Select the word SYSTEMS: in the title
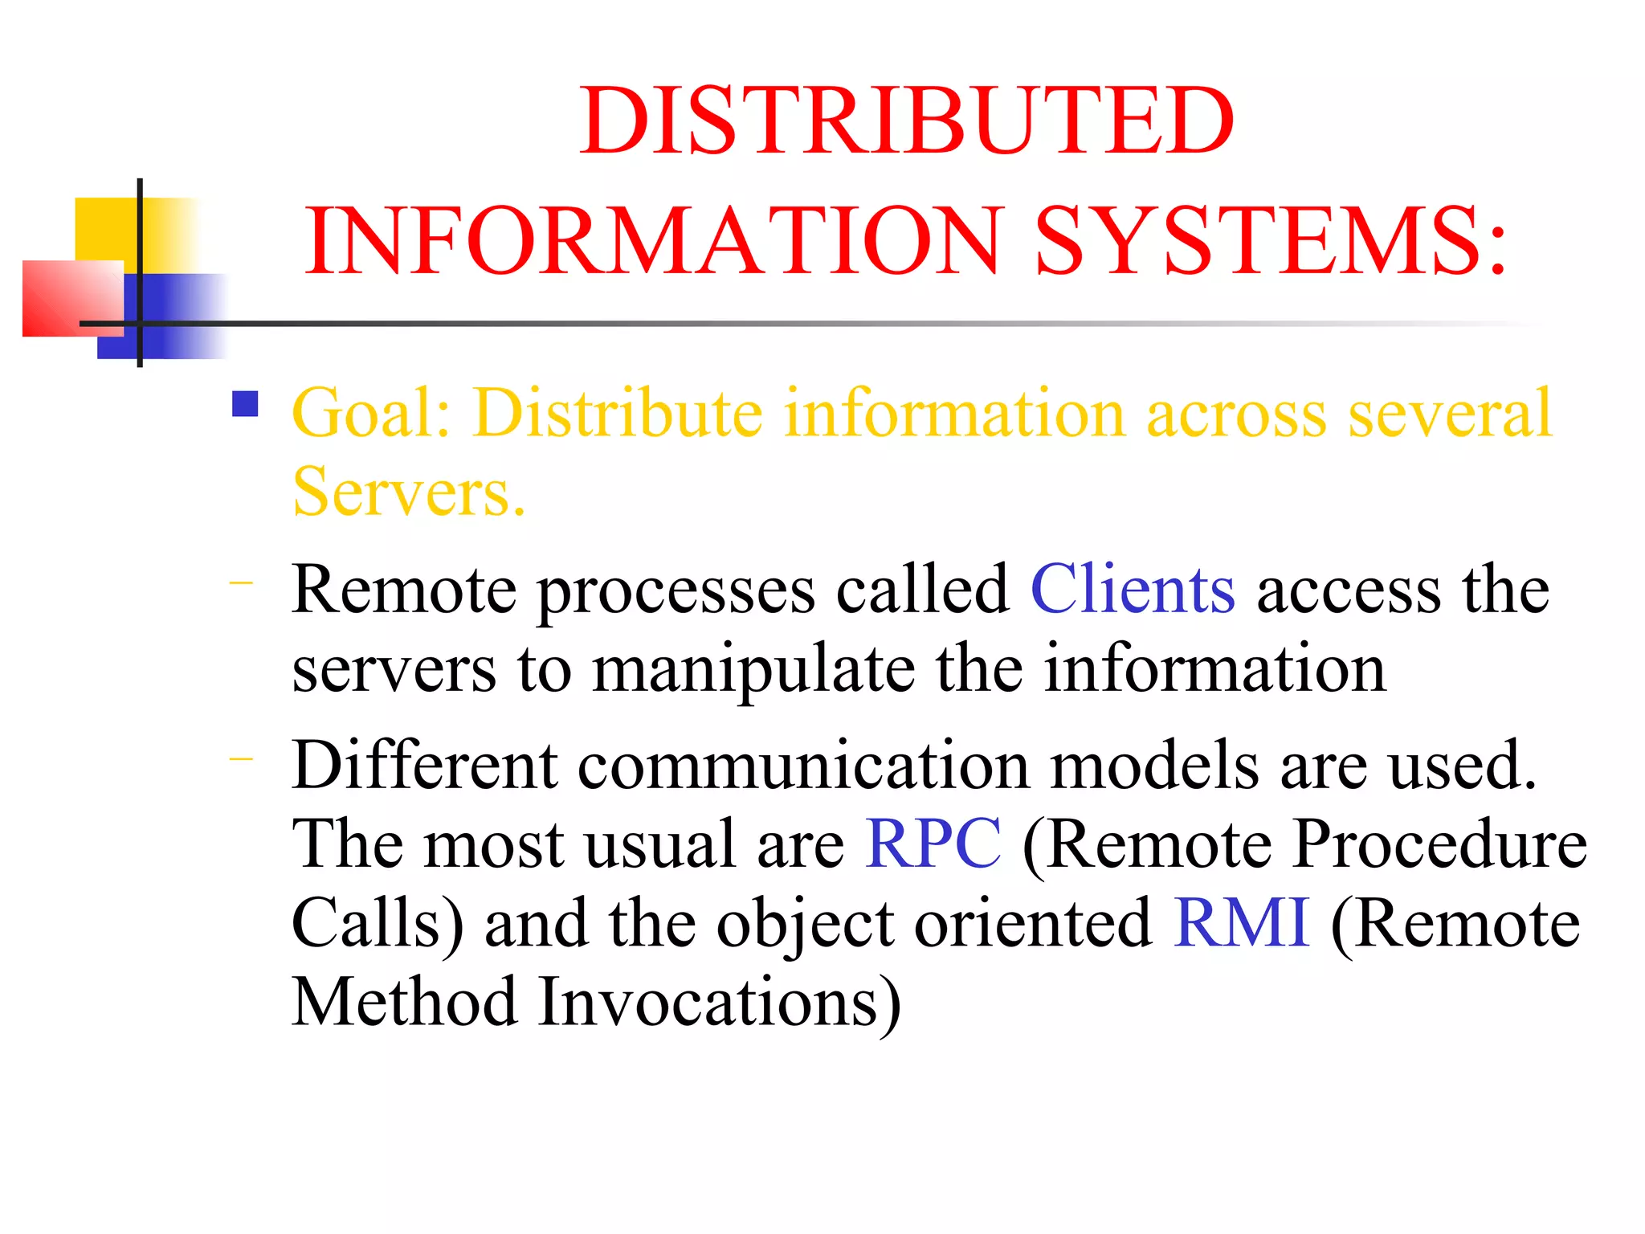(1271, 241)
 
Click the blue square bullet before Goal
(245, 404)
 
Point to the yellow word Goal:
(371, 414)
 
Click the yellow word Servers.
(409, 492)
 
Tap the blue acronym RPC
(933, 844)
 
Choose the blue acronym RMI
(1241, 922)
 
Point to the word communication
(803, 765)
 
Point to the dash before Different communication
(241, 758)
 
